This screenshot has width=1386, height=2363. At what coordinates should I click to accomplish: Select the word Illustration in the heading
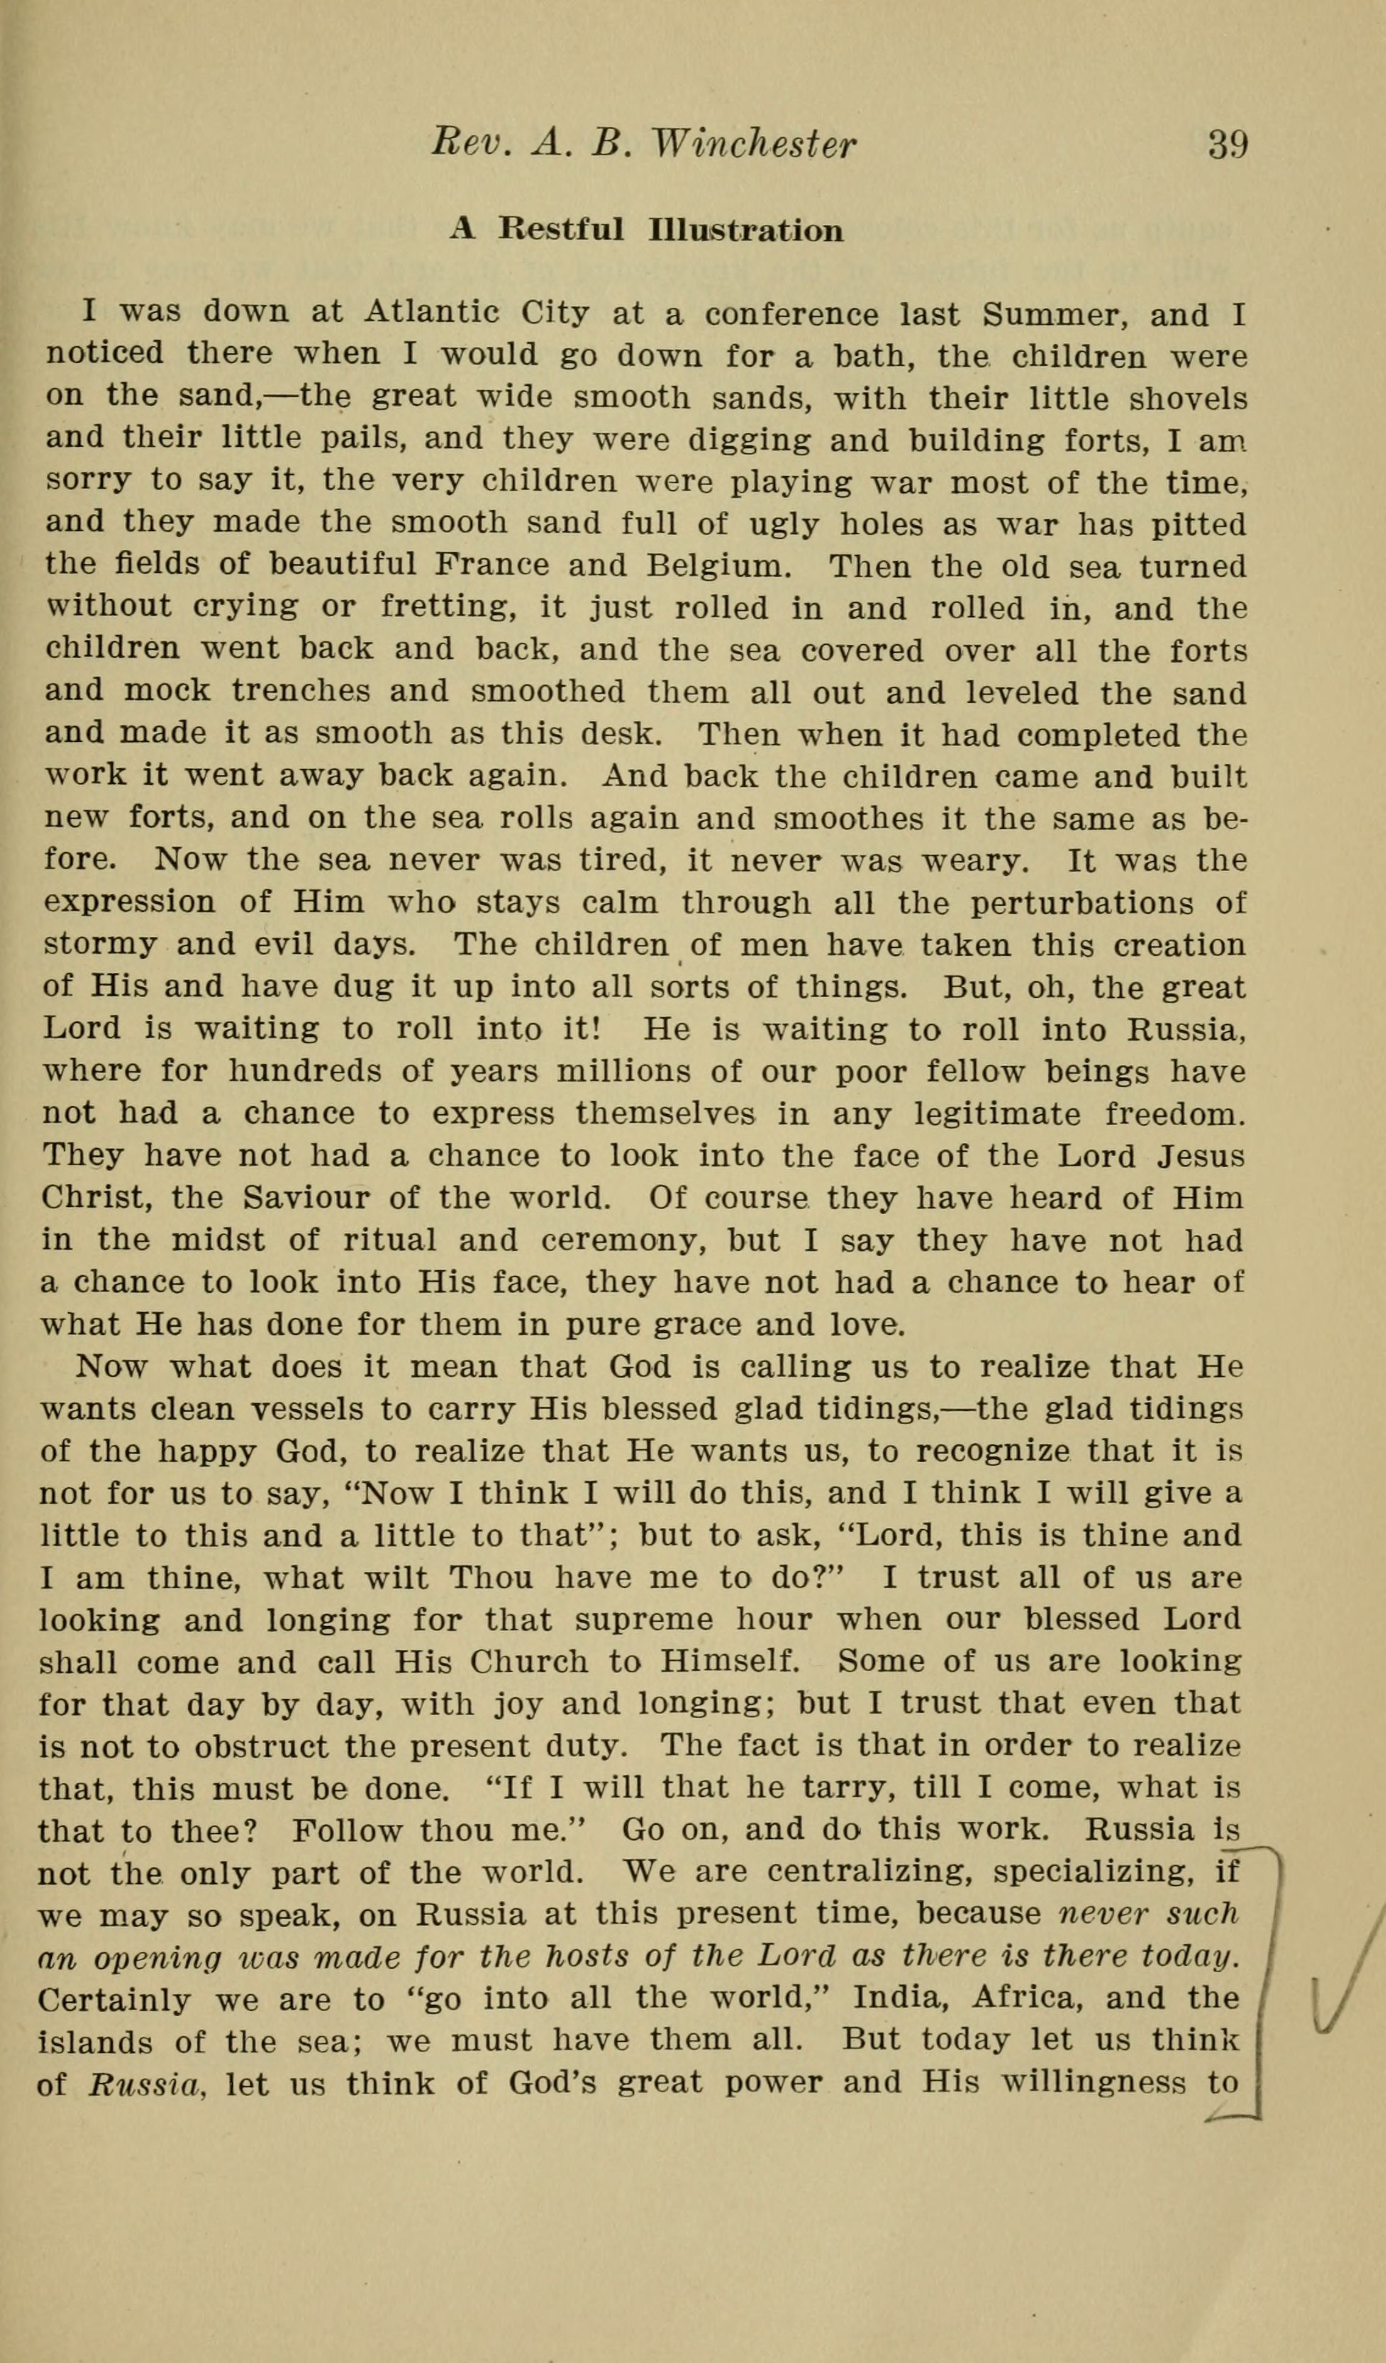coord(745,230)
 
